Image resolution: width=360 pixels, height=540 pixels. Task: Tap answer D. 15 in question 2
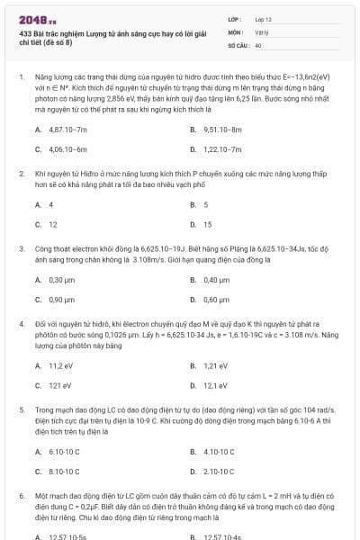coord(207,224)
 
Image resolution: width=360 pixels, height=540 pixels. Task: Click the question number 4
coord(21,320)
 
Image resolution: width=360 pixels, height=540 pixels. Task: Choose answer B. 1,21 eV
coord(215,365)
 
